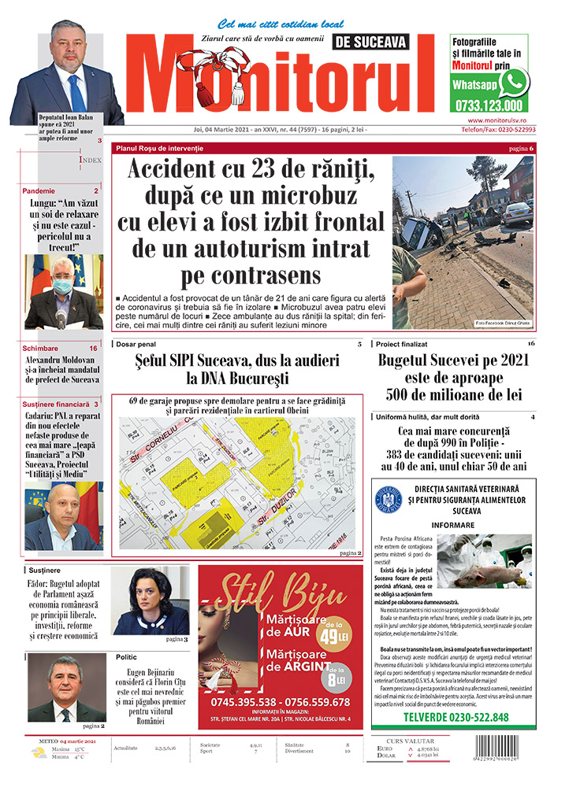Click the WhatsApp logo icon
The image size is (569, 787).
coord(515,82)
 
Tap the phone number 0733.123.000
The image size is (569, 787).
coord(489,105)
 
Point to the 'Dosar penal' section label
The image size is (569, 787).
coord(136,344)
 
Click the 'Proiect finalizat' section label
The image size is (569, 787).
coord(402,344)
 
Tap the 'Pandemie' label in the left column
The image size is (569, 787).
coord(39,191)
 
